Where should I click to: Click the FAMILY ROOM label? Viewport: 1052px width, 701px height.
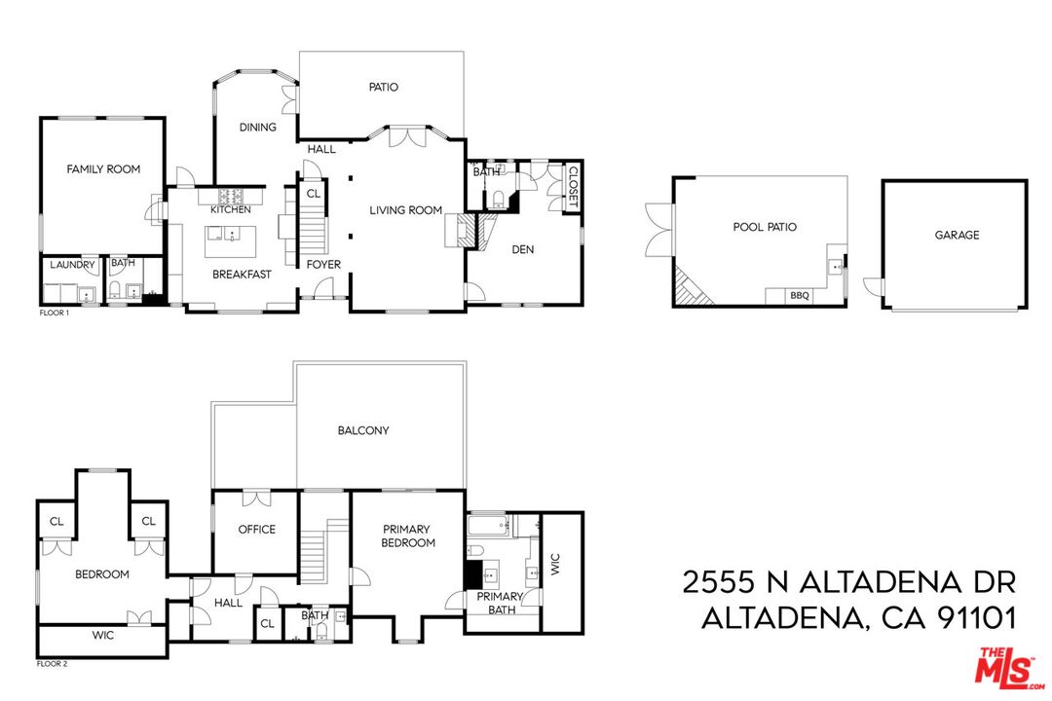(103, 169)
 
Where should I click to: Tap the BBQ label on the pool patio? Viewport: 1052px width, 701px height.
(800, 295)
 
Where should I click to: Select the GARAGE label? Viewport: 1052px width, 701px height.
(957, 235)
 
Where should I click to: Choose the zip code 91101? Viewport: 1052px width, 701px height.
(970, 618)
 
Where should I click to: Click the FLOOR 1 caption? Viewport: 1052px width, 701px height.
(54, 313)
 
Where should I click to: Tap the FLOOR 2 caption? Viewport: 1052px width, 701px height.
(54, 663)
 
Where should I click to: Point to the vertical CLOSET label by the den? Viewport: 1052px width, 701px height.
(573, 186)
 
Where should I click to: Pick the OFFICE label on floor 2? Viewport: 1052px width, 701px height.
(257, 530)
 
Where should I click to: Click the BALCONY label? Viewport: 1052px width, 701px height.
(363, 430)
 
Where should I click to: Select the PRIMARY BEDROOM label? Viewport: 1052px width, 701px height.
(407, 535)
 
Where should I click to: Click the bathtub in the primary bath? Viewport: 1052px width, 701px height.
(489, 527)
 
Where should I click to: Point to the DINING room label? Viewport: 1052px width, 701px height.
(258, 128)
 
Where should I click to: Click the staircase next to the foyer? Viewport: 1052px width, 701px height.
(312, 234)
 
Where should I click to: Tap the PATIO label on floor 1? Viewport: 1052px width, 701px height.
(383, 88)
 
